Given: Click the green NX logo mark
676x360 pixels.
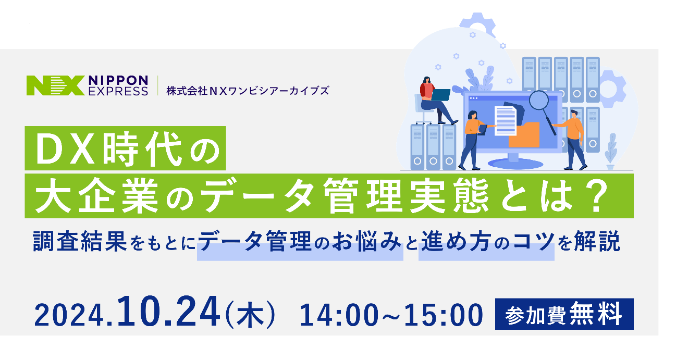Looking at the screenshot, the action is click(x=55, y=85).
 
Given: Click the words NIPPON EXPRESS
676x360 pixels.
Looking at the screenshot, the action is click(x=118, y=85).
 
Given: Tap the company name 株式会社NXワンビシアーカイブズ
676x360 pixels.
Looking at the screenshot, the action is click(x=248, y=91).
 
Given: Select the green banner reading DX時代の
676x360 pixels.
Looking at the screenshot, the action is click(x=125, y=148).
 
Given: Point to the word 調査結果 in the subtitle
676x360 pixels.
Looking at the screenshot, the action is click(x=80, y=241).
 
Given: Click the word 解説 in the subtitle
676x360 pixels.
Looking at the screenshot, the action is click(x=597, y=241).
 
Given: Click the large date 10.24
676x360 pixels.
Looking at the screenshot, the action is click(x=169, y=311).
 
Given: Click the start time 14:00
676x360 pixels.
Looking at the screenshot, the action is click(x=339, y=315).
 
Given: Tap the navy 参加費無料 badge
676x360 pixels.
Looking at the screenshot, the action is click(x=564, y=314).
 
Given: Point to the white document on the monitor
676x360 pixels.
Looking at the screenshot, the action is click(x=506, y=121).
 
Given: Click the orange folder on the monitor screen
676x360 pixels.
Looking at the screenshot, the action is click(x=524, y=135).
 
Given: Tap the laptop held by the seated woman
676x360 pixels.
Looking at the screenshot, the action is click(x=441, y=95).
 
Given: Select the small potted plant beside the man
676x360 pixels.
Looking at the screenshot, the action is click(x=610, y=152).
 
